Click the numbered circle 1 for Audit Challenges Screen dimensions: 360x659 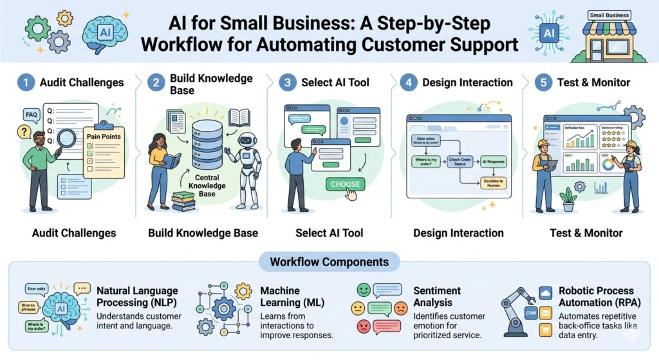click(26, 82)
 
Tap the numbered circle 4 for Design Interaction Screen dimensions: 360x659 click(408, 82)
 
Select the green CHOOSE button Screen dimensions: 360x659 click(346, 184)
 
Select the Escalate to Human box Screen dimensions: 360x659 click(494, 182)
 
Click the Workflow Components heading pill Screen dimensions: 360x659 click(329, 262)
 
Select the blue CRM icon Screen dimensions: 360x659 click(530, 313)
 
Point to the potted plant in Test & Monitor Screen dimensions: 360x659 click(568, 199)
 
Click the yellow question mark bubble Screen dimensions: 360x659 click(24, 132)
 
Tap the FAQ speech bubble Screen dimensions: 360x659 click(30, 115)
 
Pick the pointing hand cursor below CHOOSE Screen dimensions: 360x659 click(351, 194)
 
